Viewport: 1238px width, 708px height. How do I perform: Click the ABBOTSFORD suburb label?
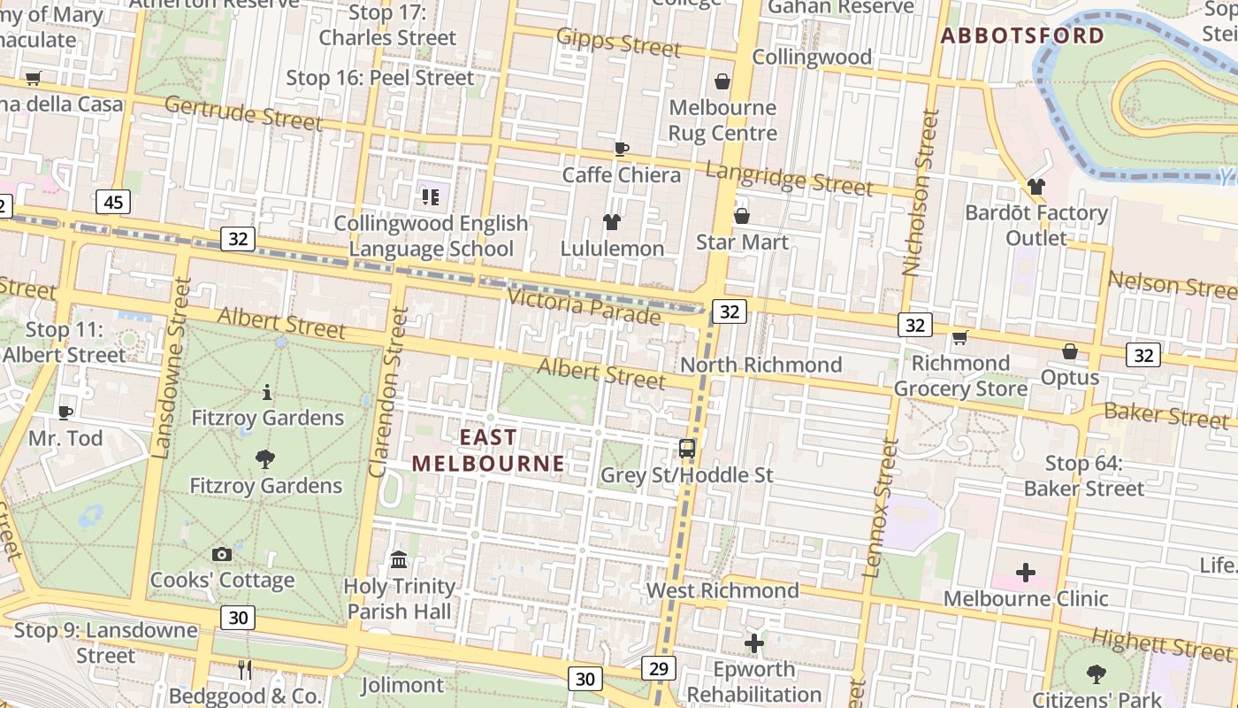(1022, 36)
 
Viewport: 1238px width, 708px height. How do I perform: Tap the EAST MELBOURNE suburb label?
(488, 450)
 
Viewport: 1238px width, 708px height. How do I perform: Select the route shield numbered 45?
(113, 203)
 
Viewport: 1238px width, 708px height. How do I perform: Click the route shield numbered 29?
(658, 668)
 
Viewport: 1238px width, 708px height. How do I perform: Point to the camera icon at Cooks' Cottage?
(222, 555)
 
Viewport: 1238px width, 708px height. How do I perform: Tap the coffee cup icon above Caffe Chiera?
(621, 149)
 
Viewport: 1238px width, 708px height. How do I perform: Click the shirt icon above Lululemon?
(611, 221)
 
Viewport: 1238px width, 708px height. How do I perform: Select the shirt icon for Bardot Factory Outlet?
(1036, 187)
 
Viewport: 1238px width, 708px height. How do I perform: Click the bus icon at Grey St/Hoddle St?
(687, 448)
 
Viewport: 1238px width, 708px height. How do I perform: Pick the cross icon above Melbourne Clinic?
(1025, 573)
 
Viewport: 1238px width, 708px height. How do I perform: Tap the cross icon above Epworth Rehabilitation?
(753, 643)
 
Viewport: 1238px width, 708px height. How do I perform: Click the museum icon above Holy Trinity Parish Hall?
(399, 560)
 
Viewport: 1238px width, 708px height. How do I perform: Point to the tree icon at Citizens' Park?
(1097, 673)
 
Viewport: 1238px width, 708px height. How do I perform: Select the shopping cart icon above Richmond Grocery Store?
(959, 337)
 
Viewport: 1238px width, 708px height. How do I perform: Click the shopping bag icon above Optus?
(1070, 351)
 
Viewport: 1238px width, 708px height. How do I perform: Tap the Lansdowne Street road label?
(172, 367)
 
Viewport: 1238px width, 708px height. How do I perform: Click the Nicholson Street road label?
(920, 193)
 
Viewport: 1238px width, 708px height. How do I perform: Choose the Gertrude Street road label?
(243, 113)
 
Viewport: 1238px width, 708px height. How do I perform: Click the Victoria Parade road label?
(584, 305)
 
